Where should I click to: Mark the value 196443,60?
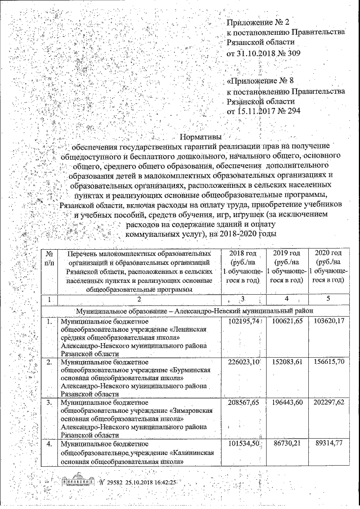pos(287,403)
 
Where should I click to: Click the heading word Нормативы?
pos(201,136)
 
